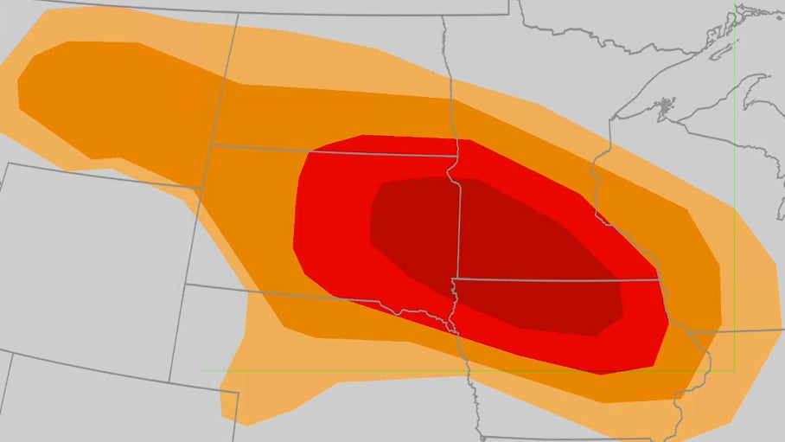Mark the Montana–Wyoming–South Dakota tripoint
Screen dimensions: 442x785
pos(201,188)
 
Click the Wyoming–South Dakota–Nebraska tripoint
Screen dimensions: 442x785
pos(186,284)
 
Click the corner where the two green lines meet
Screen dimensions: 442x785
pos(734,371)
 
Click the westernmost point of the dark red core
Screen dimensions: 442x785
pos(369,229)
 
